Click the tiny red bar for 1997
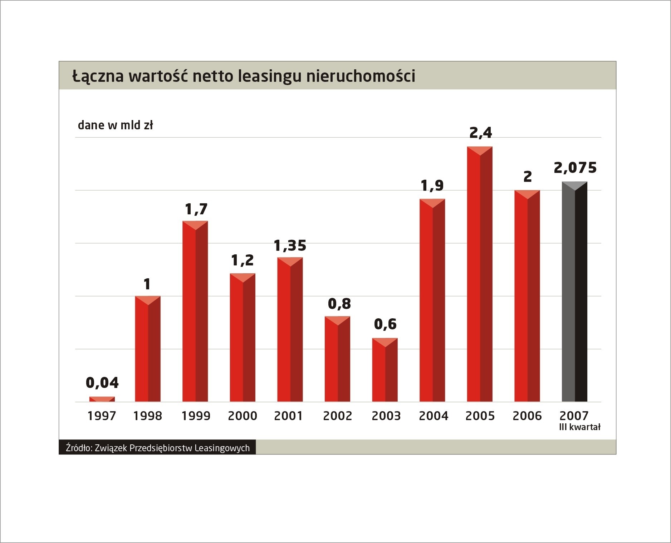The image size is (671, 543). tap(102, 399)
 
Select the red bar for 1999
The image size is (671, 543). tap(195, 311)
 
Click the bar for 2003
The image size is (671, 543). tap(385, 370)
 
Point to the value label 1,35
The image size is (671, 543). tap(290, 246)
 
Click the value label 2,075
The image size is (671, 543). tap(575, 168)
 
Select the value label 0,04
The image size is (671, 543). tap(102, 383)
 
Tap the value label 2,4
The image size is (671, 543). tap(480, 133)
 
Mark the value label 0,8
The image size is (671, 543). tap(339, 304)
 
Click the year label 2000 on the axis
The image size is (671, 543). tap(243, 416)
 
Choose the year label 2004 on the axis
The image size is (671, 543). tap(433, 416)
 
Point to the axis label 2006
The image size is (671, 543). tap(527, 416)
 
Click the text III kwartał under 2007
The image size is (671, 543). tap(579, 427)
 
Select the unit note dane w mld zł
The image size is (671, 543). tap(115, 125)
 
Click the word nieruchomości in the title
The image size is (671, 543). tap(361, 76)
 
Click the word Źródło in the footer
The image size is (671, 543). tap(78, 448)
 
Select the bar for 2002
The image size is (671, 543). tap(337, 359)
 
